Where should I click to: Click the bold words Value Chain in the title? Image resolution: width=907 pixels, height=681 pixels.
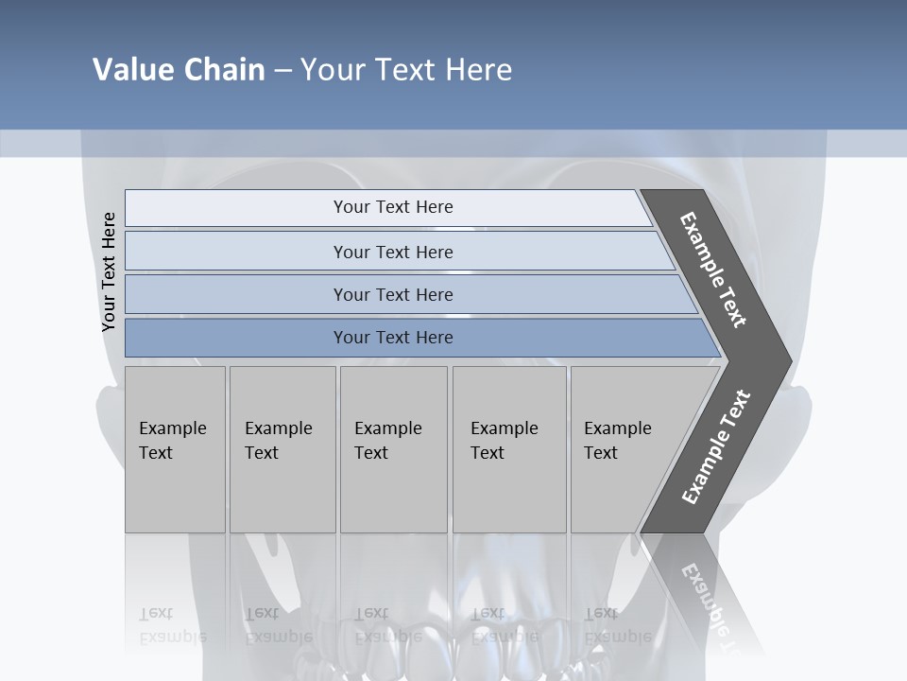tap(179, 70)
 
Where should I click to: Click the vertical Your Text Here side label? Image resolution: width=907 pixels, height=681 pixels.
tap(109, 272)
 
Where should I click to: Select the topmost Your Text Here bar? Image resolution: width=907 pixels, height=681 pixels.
tap(393, 207)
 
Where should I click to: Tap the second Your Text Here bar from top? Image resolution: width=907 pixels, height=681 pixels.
tap(393, 252)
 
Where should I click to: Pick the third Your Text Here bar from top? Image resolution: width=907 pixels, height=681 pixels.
tap(393, 294)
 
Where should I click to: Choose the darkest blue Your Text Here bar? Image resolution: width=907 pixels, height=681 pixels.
tap(393, 338)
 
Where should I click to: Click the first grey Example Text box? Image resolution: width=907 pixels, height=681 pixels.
tap(175, 449)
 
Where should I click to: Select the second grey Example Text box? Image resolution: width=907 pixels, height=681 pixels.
tap(282, 449)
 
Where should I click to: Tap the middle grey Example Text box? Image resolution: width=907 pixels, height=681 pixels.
tap(393, 449)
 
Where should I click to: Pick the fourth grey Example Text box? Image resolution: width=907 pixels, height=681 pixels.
tap(509, 449)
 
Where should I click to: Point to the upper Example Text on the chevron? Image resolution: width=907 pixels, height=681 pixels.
tap(713, 270)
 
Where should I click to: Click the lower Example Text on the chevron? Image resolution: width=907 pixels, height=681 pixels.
tap(715, 447)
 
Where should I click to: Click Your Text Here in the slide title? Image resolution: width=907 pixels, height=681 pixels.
tap(406, 70)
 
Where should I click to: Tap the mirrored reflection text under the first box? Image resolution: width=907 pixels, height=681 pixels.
tap(172, 625)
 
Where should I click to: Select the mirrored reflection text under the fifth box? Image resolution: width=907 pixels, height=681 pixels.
tap(617, 625)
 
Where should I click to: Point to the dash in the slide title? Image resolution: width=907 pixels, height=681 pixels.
tap(282, 71)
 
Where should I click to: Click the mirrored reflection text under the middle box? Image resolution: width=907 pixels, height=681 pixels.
tap(387, 625)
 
